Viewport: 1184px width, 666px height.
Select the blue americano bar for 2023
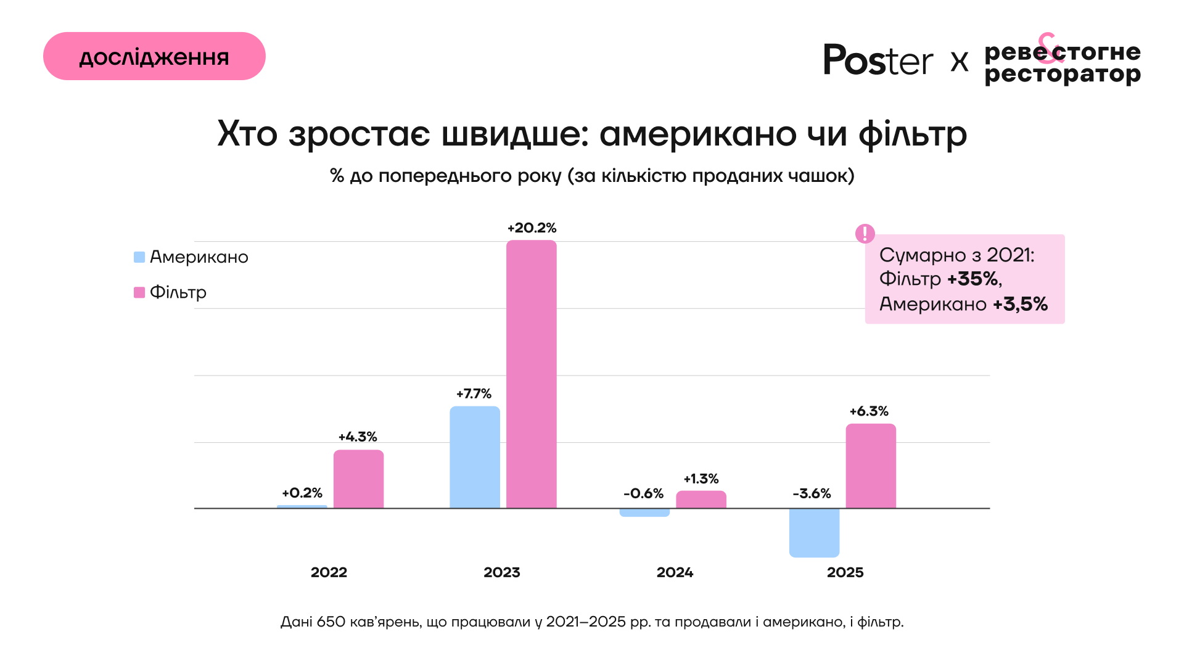474,457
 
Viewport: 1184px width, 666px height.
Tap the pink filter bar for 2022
358,479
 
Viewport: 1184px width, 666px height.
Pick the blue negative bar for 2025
814,533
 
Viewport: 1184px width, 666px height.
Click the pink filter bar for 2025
870,466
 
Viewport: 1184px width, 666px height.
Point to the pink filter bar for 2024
701,499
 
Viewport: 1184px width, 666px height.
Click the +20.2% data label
532,228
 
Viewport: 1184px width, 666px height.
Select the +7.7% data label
474,394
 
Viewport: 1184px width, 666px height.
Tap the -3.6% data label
812,494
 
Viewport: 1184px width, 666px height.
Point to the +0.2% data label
302,493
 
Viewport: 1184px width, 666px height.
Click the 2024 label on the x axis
675,573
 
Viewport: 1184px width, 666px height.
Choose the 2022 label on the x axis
329,573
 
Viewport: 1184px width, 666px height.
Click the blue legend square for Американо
139,257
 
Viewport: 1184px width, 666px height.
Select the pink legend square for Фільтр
139,292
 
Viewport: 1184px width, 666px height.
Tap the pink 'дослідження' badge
154,56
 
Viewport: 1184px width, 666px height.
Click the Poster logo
878,60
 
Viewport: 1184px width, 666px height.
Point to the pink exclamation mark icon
865,234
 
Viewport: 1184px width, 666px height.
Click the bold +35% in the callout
972,279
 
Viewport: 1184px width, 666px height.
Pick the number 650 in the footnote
331,622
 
